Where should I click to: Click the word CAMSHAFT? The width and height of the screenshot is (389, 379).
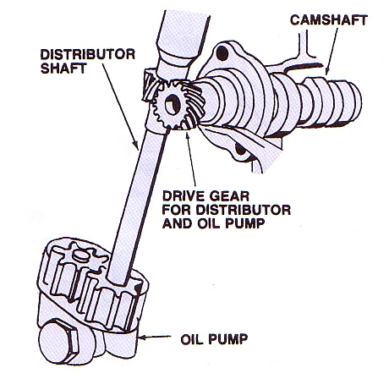[329, 19]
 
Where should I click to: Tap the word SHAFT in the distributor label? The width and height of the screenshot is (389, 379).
[63, 69]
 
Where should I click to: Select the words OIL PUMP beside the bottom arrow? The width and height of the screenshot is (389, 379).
[214, 339]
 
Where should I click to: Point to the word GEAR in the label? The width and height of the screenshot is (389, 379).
[228, 196]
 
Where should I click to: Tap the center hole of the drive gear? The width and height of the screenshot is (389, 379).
[173, 105]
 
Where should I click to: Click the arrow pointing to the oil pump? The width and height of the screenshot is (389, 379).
[155, 337]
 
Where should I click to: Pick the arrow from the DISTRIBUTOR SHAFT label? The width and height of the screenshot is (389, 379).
[120, 107]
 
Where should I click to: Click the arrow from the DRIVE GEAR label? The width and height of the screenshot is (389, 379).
[190, 158]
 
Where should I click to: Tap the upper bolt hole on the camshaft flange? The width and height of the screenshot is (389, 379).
[222, 53]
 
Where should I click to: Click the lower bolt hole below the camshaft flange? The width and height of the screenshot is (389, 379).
[240, 149]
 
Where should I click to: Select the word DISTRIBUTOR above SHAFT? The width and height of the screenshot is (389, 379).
[88, 54]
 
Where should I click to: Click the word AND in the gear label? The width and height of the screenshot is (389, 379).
[177, 223]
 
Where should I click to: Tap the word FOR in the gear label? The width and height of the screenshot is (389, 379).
[177, 210]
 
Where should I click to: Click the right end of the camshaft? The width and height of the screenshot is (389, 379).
[356, 101]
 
